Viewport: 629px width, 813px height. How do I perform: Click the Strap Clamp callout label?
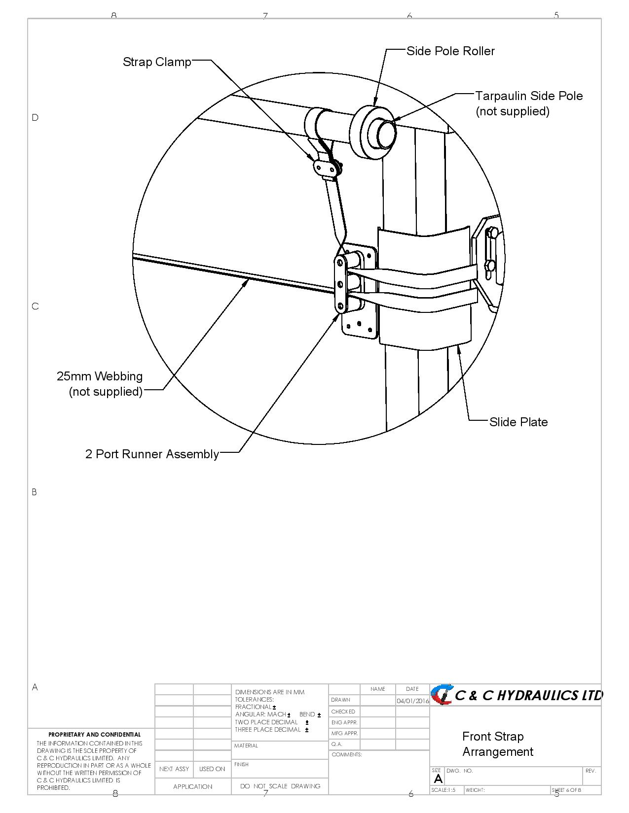(157, 62)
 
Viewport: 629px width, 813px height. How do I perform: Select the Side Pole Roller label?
(450, 51)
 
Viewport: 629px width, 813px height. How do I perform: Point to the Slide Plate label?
(518, 422)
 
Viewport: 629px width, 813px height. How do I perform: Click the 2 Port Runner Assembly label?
(152, 454)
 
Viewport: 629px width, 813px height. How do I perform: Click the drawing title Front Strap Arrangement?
(497, 744)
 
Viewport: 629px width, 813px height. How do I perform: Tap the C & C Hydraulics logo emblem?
(442, 694)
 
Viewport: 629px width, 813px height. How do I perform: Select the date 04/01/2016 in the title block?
(412, 701)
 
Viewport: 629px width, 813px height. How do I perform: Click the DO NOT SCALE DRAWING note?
(280, 786)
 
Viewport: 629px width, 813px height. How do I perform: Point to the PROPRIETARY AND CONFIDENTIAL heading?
(94, 735)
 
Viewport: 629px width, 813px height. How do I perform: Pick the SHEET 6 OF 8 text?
(566, 790)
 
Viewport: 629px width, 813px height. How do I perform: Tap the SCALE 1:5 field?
(444, 790)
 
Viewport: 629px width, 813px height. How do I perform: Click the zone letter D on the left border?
(35, 117)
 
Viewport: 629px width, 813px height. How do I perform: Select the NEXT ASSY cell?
(174, 769)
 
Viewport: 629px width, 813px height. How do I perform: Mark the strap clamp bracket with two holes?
(324, 168)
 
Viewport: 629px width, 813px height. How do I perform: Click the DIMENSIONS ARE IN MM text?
(270, 692)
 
